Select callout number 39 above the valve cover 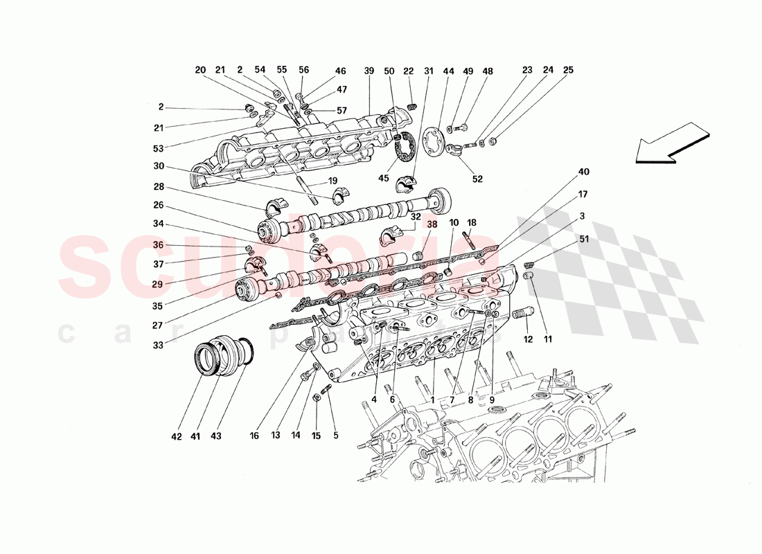[369, 71]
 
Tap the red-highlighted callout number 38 [432, 224]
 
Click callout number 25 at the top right [568, 70]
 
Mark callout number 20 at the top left [200, 70]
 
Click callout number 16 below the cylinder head [254, 436]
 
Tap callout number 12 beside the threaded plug [528, 339]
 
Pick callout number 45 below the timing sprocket [384, 179]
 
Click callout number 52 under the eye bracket [477, 179]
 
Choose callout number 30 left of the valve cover [159, 166]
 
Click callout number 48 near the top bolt [488, 71]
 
